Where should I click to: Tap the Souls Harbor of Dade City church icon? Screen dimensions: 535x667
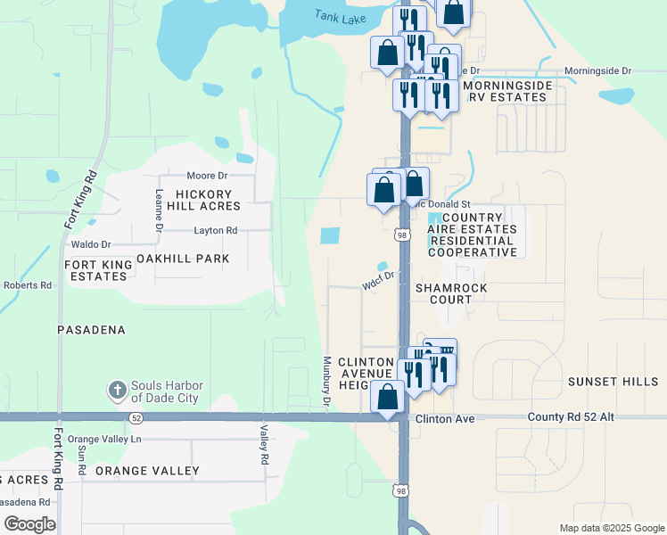click(116, 391)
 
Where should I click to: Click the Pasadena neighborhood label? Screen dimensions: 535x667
click(91, 330)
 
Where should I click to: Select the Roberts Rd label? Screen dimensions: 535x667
click(28, 285)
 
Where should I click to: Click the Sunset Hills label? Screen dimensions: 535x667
click(613, 382)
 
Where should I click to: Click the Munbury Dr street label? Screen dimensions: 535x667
click(327, 383)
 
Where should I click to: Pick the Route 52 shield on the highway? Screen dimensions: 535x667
click(136, 417)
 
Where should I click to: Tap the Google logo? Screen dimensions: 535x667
click(29, 524)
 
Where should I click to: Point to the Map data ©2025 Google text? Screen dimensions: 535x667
click(611, 528)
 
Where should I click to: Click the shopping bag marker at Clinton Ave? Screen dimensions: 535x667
click(387, 396)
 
